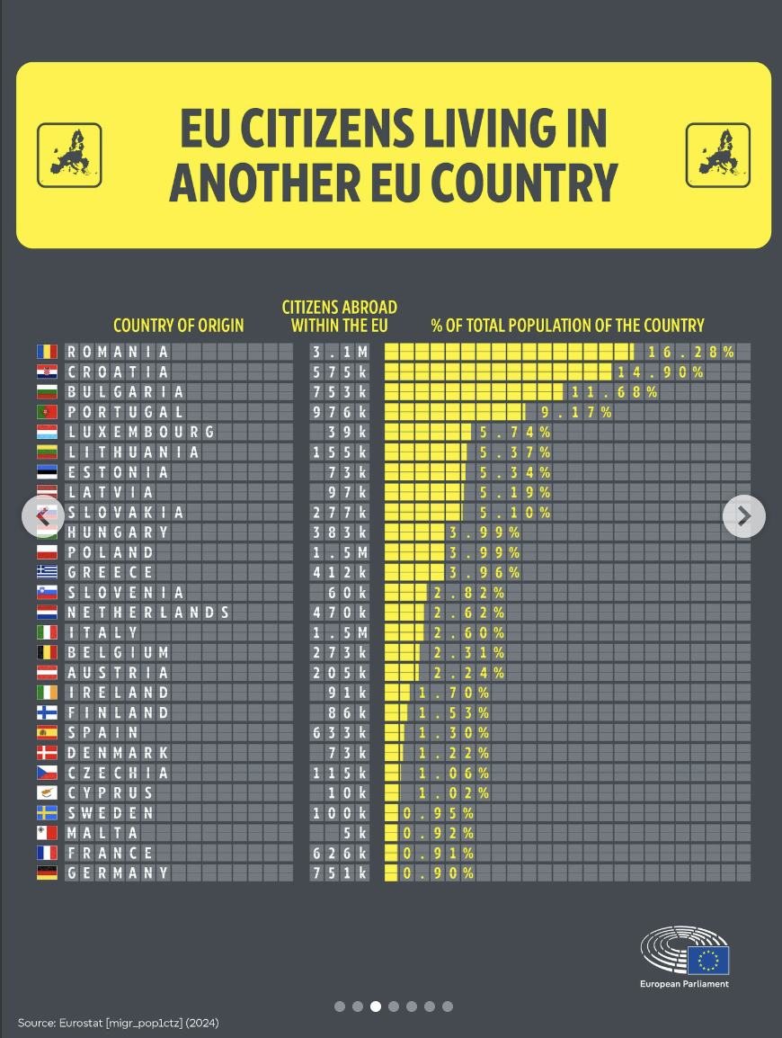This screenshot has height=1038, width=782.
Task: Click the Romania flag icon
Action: (x=47, y=352)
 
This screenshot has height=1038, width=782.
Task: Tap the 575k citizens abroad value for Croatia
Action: (x=340, y=371)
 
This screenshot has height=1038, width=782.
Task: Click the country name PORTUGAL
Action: (x=125, y=411)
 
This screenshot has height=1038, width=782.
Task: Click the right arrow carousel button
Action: (x=744, y=515)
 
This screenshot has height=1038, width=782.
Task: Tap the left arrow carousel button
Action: (x=43, y=515)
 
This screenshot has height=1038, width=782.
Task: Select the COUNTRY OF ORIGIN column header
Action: (x=178, y=326)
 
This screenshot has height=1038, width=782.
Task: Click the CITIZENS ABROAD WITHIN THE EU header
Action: (x=340, y=316)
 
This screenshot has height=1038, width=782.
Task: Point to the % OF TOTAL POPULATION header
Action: (x=567, y=326)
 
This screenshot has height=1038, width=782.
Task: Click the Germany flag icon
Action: (x=47, y=872)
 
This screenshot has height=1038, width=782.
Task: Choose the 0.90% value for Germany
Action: (x=438, y=872)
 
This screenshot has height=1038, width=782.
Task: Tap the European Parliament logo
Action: (x=685, y=957)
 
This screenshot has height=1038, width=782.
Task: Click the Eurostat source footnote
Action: (x=118, y=1023)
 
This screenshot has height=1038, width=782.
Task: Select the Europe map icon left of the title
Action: (x=69, y=155)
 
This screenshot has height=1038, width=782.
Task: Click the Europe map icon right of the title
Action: (x=717, y=155)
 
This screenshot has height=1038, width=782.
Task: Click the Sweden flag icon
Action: (x=47, y=813)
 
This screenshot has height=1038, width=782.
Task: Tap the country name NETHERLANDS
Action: (x=147, y=613)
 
